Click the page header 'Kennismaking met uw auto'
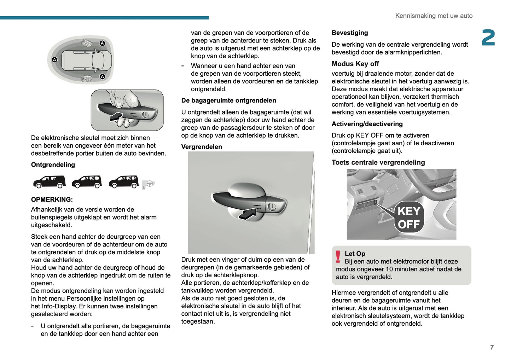pyautogui.click(x=434, y=16)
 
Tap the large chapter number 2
pyautogui.click(x=488, y=38)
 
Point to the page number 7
pyautogui.click(x=492, y=347)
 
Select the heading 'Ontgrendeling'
pyautogui.click(x=53, y=165)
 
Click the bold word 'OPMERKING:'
pyautogui.click(x=52, y=199)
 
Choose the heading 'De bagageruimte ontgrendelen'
pyautogui.click(x=228, y=100)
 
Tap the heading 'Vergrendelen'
pyautogui.click(x=202, y=147)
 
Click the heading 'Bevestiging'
pyautogui.click(x=350, y=33)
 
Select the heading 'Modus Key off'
pyautogui.click(x=355, y=64)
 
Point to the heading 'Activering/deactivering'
pyautogui.click(x=367, y=124)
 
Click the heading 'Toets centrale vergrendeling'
pyautogui.click(x=378, y=163)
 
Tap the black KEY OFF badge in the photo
pyautogui.click(x=409, y=217)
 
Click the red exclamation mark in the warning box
pyautogui.click(x=338, y=257)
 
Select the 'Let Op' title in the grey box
pyautogui.click(x=355, y=254)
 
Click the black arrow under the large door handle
pyautogui.click(x=248, y=213)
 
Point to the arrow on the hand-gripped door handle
pyautogui.click(x=116, y=116)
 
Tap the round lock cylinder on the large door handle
pyautogui.click(x=272, y=207)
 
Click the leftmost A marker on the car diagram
pyautogui.click(x=54, y=60)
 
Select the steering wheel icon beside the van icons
pyautogui.click(x=149, y=184)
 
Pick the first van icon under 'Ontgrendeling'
pyautogui.click(x=50, y=182)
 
